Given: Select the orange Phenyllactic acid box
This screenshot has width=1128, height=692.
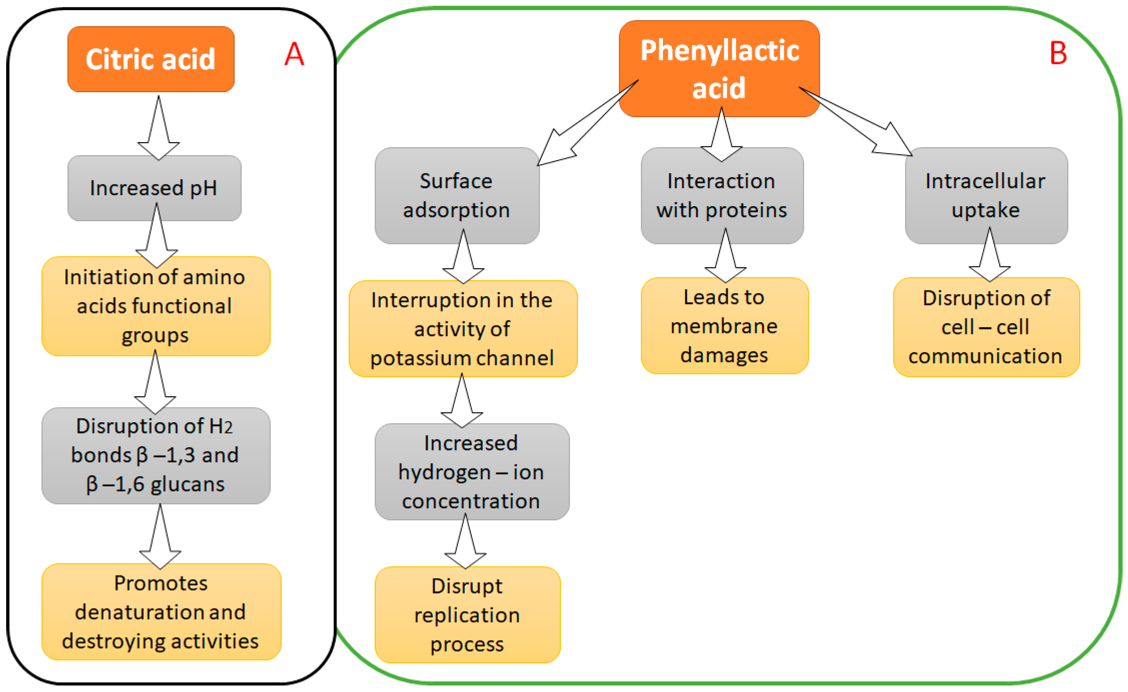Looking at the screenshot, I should click(719, 69).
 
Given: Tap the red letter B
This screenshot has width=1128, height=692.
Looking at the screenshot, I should click(1058, 54).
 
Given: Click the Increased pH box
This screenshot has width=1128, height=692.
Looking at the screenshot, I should click(154, 188).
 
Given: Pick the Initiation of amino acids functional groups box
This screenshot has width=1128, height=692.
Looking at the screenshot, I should click(155, 306).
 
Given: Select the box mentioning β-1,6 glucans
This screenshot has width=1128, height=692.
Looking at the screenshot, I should click(155, 456).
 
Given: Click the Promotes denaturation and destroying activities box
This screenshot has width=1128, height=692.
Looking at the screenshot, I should click(161, 611).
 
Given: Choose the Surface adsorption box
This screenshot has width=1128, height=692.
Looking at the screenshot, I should click(456, 196).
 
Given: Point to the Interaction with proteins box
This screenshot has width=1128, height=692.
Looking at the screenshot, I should click(722, 196).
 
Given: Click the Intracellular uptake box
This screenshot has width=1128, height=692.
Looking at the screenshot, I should click(986, 196).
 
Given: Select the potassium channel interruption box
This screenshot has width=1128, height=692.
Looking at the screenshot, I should click(462, 329).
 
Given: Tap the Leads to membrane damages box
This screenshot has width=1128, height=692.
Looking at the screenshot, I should click(724, 326).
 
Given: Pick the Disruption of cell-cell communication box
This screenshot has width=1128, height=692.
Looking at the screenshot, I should click(986, 327).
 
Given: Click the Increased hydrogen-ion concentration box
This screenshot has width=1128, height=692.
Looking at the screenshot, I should click(472, 471).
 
